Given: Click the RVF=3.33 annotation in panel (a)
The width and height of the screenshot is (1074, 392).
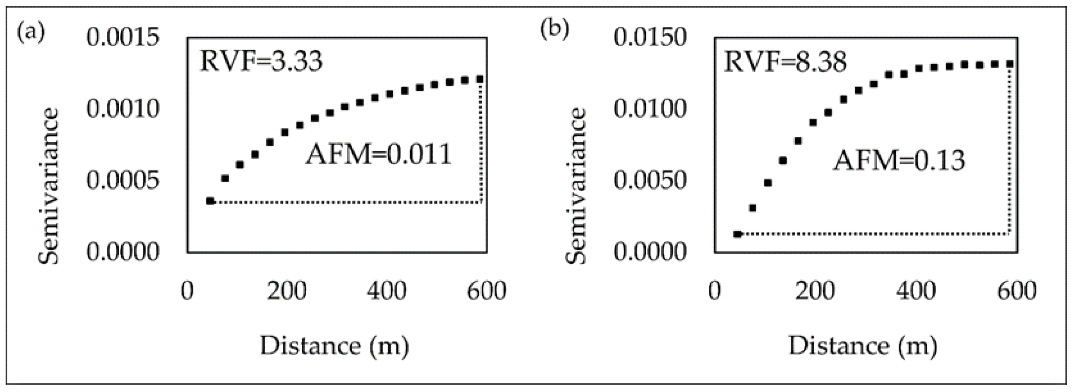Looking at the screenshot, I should (x=261, y=62).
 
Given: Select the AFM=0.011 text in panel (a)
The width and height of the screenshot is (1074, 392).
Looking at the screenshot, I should (x=379, y=154).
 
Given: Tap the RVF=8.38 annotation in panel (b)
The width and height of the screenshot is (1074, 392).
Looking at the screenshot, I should (x=786, y=62).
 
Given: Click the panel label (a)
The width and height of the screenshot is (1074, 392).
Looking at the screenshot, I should (x=31, y=33).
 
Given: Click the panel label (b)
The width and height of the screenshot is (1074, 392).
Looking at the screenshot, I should (x=555, y=29).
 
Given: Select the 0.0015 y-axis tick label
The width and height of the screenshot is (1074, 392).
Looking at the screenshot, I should (x=123, y=37).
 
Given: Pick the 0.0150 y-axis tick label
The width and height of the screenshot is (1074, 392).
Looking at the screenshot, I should (x=650, y=37).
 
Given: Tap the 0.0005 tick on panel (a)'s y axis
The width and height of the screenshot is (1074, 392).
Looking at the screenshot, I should (x=123, y=180).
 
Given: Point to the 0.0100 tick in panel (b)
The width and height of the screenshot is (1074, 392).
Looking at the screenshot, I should (x=650, y=109).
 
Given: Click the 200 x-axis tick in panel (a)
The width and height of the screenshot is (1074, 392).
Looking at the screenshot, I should (x=287, y=291).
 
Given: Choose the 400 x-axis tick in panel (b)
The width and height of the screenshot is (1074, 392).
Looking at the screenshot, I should (x=916, y=291).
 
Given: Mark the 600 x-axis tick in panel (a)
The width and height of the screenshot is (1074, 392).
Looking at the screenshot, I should (x=486, y=291).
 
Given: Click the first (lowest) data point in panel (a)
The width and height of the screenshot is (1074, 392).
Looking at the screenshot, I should (x=210, y=201).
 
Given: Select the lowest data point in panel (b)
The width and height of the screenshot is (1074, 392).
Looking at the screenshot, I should (x=738, y=234).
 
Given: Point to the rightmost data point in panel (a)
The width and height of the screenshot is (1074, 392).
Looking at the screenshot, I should (x=480, y=79).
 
